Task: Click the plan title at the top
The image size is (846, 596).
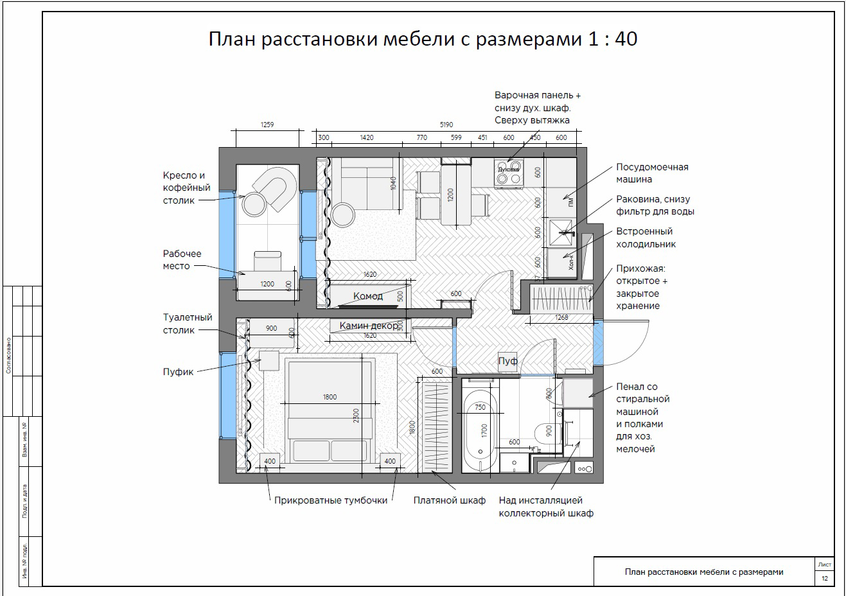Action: (x=423, y=39)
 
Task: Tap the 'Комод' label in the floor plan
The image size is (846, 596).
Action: (x=368, y=296)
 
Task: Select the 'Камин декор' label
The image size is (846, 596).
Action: (x=369, y=326)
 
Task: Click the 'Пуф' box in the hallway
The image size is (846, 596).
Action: (x=507, y=361)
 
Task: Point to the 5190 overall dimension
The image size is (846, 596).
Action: (x=446, y=125)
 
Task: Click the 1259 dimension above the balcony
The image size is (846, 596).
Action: (x=267, y=125)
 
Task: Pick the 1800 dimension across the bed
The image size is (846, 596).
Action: (x=329, y=397)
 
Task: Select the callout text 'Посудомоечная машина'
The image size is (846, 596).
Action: (x=651, y=173)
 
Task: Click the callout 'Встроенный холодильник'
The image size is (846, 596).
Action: (x=645, y=238)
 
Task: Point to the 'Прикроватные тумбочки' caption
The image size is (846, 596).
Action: (x=330, y=500)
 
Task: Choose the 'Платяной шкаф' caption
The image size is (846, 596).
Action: (x=449, y=500)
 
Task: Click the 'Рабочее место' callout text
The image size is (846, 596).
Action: (x=182, y=259)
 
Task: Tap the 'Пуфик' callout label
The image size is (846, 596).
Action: (x=178, y=371)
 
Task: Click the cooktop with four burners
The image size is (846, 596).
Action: (x=508, y=173)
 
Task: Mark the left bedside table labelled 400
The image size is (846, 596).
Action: (x=269, y=460)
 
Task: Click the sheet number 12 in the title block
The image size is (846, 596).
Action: (x=825, y=579)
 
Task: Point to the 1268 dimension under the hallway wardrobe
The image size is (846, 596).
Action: (x=561, y=317)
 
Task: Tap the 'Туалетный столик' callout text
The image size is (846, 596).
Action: (x=188, y=324)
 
